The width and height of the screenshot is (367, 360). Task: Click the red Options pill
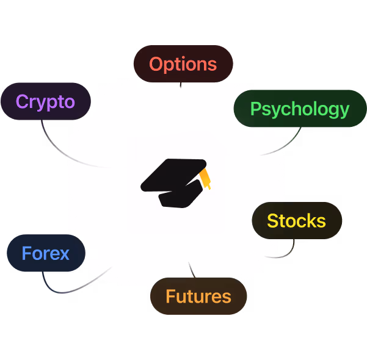[183, 64]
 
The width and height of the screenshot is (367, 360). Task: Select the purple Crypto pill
[45, 101]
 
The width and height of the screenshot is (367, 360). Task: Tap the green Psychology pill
[300, 109]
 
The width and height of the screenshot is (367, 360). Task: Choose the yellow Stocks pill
[297, 220]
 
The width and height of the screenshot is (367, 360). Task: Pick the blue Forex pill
[46, 253]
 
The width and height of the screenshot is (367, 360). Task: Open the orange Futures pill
[198, 297]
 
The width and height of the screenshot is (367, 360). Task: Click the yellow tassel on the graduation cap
[206, 178]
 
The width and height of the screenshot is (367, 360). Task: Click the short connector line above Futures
[191, 268]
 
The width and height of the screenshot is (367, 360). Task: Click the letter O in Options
[156, 64]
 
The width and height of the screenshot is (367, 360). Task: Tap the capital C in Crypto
[23, 101]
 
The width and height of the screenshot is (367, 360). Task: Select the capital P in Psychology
[256, 109]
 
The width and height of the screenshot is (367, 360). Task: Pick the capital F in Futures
[170, 297]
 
